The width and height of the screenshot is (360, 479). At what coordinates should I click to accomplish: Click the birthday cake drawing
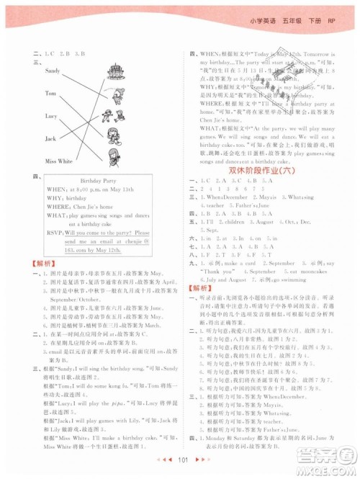[x=114, y=72]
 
